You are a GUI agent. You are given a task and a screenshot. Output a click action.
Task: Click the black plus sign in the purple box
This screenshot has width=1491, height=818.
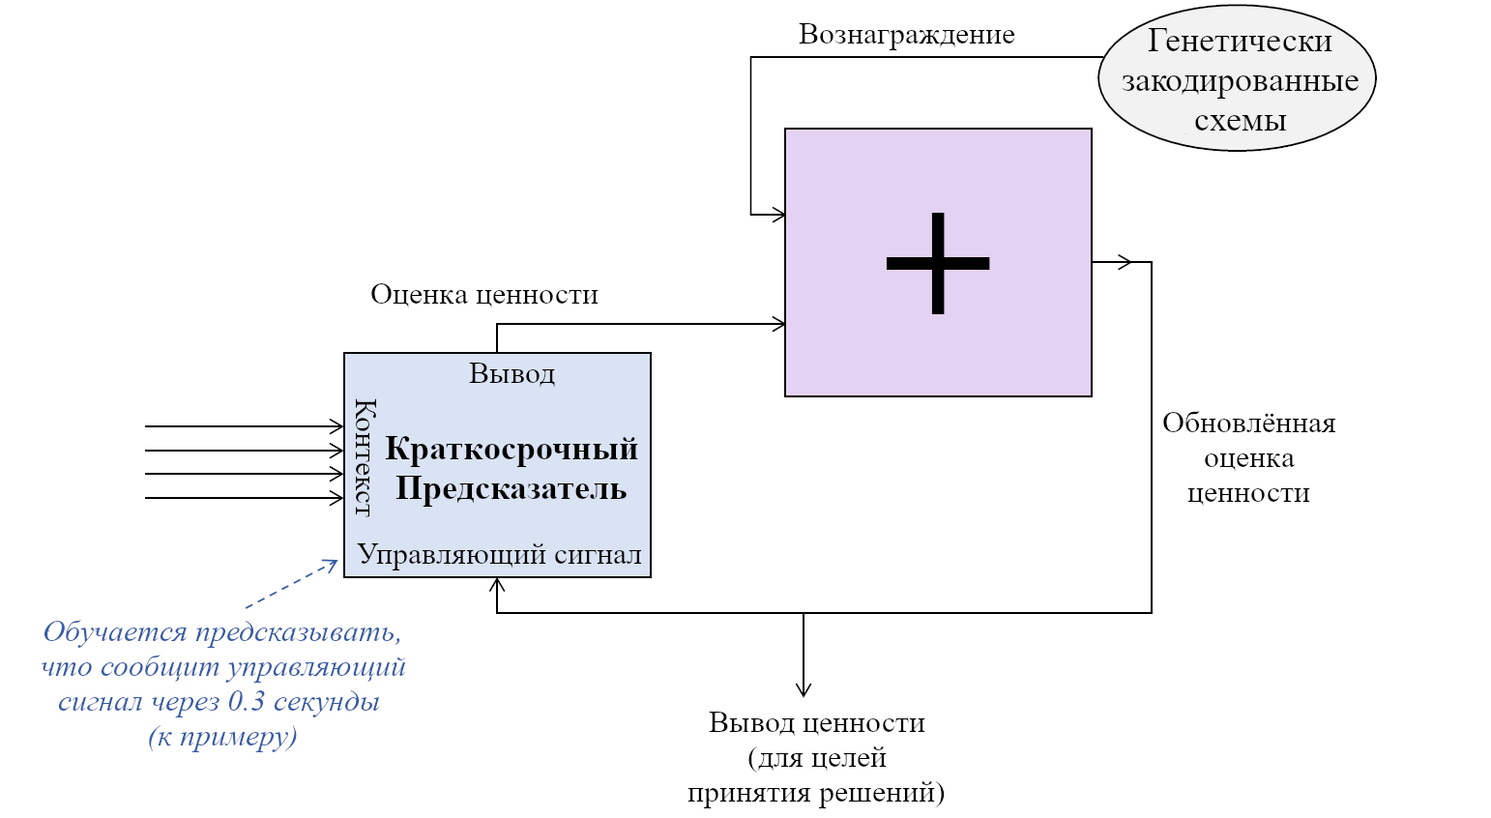click(x=938, y=263)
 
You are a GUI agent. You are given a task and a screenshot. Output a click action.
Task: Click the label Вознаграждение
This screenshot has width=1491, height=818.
click(x=907, y=35)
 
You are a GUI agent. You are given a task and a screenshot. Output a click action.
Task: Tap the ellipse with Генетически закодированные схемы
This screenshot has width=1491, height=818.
click(x=1237, y=78)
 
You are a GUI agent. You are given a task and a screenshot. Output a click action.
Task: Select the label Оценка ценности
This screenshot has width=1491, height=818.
click(x=483, y=294)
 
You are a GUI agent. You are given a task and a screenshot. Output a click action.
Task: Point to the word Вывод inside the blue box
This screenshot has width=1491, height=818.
click(x=512, y=374)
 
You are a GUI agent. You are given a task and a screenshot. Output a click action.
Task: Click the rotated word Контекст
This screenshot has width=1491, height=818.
click(x=365, y=458)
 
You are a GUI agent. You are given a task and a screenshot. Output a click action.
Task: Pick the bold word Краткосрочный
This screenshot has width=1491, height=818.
click(x=512, y=450)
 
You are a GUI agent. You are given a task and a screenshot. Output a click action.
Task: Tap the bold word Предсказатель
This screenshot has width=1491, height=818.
click(x=512, y=488)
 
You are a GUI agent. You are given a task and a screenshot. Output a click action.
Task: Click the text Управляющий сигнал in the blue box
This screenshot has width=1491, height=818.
click(x=499, y=554)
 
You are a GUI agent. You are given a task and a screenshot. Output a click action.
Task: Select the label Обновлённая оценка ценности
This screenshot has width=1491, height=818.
click(x=1248, y=458)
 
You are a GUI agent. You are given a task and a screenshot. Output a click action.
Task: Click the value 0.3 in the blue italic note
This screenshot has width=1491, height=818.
click(x=247, y=702)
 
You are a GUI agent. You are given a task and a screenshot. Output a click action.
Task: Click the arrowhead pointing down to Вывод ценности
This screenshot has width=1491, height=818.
click(x=804, y=688)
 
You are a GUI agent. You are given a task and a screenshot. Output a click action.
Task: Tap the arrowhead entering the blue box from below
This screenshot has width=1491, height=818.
click(x=497, y=585)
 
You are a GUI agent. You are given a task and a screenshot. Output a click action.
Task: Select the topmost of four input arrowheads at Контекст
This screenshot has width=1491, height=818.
click(x=336, y=426)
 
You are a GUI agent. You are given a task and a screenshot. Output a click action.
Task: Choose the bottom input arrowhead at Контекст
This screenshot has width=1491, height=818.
click(x=336, y=498)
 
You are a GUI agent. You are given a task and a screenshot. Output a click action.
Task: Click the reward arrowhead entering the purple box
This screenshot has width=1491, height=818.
click(x=778, y=215)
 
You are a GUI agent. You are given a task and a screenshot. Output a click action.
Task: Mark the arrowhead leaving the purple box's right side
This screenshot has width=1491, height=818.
click(x=1125, y=262)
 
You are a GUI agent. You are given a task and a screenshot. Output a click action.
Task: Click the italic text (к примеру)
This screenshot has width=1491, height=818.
click(x=223, y=738)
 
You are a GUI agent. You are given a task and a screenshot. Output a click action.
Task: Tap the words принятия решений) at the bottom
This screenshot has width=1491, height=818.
click(x=816, y=793)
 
